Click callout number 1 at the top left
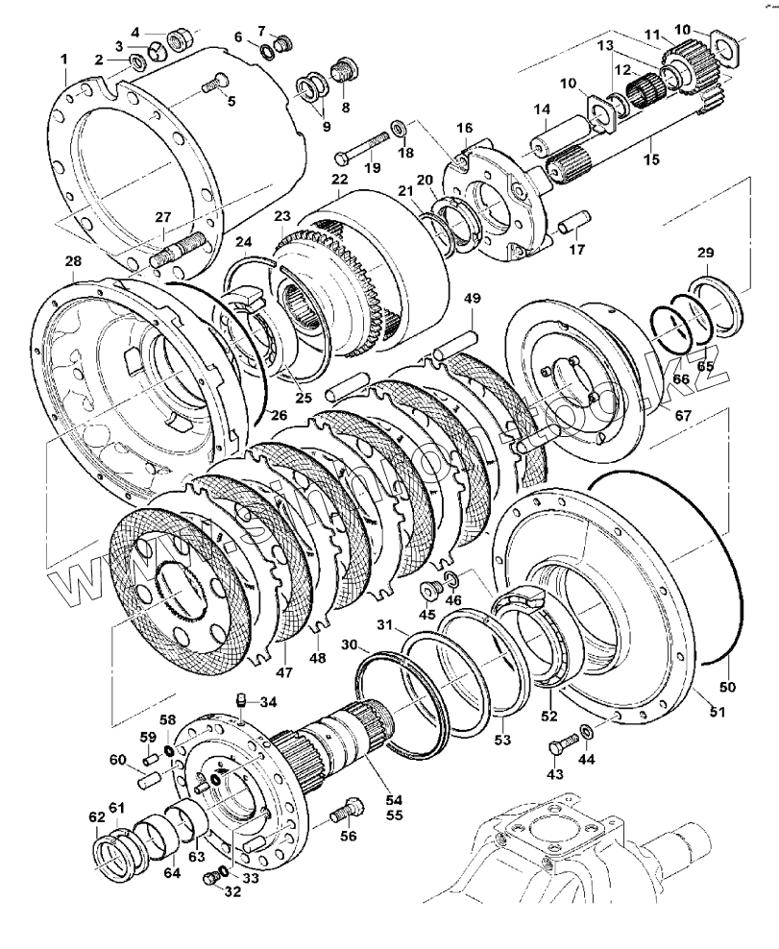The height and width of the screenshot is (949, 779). pyautogui.click(x=63, y=60)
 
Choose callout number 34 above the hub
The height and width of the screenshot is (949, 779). pyautogui.click(x=270, y=702)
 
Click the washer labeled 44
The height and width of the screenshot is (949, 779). pyautogui.click(x=586, y=735)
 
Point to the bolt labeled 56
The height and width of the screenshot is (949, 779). pyautogui.click(x=346, y=810)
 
